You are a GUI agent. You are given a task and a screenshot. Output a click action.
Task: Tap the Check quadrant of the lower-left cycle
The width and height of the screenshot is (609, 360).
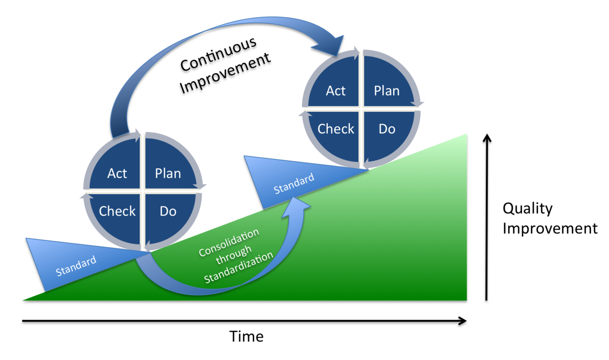(x=117, y=212)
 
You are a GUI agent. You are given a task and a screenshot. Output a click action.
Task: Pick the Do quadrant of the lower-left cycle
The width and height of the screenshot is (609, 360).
(x=168, y=212)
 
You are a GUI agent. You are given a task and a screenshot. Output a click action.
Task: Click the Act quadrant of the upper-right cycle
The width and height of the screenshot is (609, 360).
(x=335, y=90)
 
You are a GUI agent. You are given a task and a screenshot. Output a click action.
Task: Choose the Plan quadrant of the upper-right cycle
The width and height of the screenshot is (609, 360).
(x=386, y=90)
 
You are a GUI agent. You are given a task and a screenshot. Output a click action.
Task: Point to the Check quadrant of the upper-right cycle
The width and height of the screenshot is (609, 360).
(x=336, y=129)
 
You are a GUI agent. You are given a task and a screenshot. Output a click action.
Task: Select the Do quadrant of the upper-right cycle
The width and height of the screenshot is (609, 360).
(x=386, y=129)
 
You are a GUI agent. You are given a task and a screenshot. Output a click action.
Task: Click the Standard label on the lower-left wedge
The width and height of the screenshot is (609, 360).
(x=76, y=266)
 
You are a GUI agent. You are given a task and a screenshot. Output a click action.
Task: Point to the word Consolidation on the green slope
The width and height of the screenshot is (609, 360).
(x=229, y=243)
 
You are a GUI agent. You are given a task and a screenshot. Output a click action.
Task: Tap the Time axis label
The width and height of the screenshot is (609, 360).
(x=246, y=337)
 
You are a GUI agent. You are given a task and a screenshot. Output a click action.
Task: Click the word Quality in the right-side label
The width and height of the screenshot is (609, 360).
(x=528, y=208)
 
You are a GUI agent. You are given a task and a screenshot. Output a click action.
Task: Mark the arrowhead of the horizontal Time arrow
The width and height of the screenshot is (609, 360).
(x=462, y=321)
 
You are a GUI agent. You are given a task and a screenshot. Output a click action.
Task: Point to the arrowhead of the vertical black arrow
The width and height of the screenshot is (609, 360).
(x=486, y=139)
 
